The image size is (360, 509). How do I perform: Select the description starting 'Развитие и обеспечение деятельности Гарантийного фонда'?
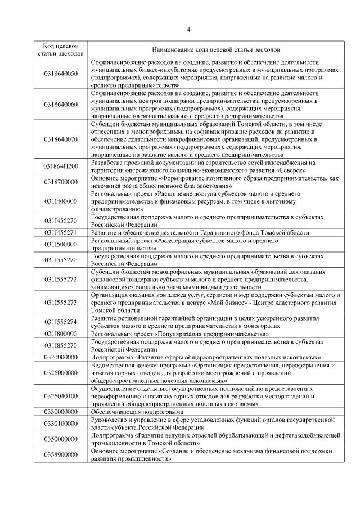point(200,232)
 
